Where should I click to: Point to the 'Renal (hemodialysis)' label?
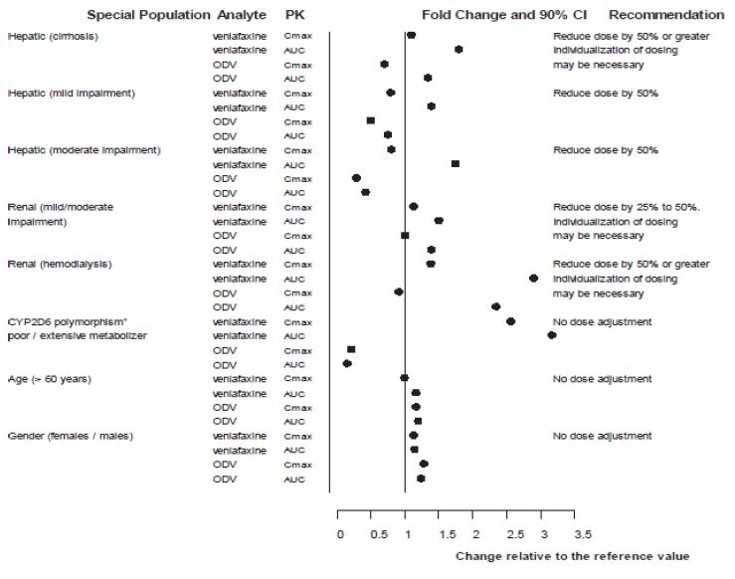[x=60, y=264]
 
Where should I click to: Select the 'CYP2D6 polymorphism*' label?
[x=63, y=321]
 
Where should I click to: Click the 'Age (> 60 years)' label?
[x=50, y=379]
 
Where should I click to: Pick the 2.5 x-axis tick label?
[x=507, y=534]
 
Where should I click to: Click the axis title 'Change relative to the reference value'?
[x=572, y=556]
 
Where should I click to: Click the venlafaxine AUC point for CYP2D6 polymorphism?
[x=551, y=335]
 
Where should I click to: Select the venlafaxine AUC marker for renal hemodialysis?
[x=533, y=279]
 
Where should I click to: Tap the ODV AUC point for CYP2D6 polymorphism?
[x=347, y=363]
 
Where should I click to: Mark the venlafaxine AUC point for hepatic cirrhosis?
[x=459, y=49]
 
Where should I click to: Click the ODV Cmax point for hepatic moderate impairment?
[x=356, y=178]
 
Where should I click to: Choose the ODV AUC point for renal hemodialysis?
[x=495, y=306]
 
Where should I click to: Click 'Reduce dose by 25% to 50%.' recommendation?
[x=628, y=207]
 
